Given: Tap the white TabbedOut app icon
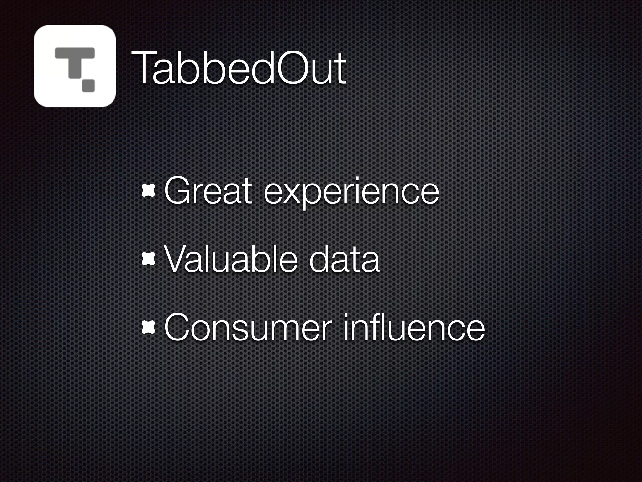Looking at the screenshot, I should coord(75,66).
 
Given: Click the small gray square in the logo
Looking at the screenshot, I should coord(88,86).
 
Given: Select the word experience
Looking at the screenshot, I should coord(351,192).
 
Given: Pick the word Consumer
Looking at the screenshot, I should coord(248,328).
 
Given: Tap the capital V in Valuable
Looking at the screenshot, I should coord(177,259).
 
